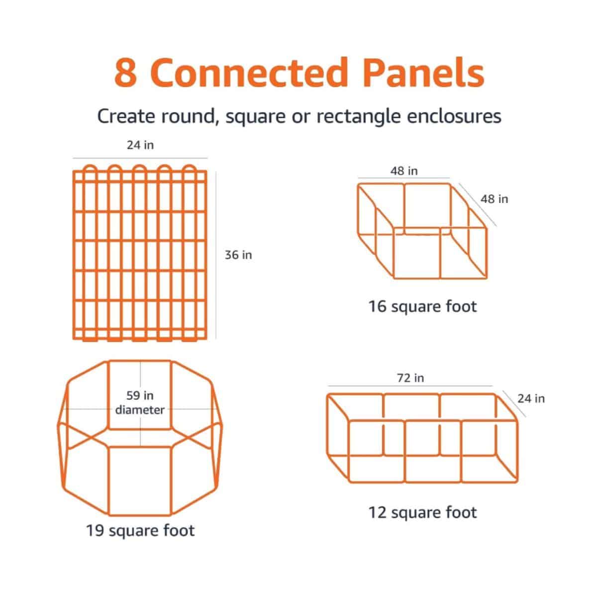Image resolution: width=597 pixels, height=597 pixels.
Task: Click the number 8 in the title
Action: (125, 73)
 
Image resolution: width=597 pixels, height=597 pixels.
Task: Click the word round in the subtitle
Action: (187, 116)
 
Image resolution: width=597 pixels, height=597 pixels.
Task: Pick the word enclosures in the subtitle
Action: (454, 116)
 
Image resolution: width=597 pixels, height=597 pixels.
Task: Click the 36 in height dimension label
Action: (238, 255)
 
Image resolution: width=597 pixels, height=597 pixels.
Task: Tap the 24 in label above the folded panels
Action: (140, 145)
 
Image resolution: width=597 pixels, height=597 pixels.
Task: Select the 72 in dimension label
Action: (410, 378)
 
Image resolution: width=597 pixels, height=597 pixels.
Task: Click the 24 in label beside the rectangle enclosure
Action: (531, 398)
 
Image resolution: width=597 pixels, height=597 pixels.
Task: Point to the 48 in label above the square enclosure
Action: (404, 171)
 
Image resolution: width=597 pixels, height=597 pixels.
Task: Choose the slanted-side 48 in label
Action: (495, 199)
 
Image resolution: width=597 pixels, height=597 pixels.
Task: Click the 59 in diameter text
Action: (140, 402)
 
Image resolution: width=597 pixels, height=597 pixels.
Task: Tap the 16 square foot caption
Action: (422, 306)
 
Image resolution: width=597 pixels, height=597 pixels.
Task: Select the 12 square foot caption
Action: (422, 512)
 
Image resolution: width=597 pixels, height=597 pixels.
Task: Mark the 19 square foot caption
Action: (140, 530)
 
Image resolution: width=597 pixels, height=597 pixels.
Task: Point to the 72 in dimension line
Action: (410, 386)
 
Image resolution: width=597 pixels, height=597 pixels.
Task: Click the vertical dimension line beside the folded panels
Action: (215, 255)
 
